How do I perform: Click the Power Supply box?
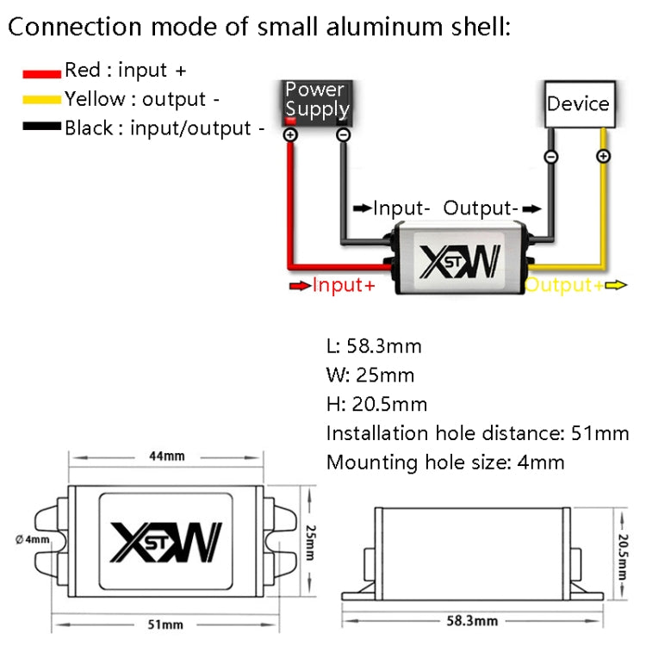pos(317,101)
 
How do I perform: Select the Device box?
pos(578,104)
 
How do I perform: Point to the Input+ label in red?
pos(344,285)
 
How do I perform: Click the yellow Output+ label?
pos(564,285)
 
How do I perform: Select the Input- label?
pos(401,208)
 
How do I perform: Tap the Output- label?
pos(481,208)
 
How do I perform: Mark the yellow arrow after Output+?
pos(615,285)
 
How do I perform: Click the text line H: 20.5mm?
pos(376,404)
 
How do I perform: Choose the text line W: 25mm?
pos(370,376)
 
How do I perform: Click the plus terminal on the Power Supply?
pos(290,135)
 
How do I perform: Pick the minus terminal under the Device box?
pos(551,156)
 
